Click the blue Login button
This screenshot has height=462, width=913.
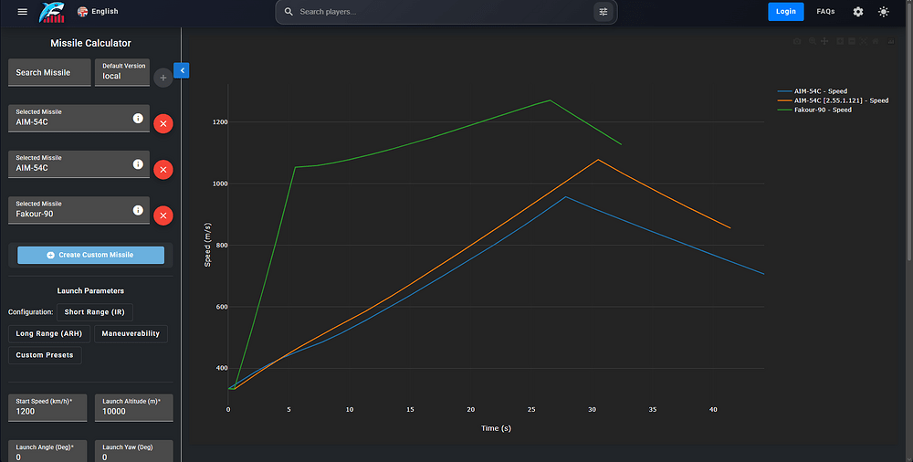[x=785, y=12]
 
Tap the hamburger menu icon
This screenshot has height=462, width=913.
[x=22, y=12]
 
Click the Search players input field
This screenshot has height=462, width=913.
[x=443, y=12]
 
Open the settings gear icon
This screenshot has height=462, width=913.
[x=857, y=12]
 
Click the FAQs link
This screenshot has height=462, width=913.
[x=825, y=12]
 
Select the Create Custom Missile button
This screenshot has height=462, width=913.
[x=90, y=255]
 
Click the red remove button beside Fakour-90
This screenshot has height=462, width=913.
[x=163, y=215]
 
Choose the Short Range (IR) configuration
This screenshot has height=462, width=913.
[x=94, y=312]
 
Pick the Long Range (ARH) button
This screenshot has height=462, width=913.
[x=49, y=334]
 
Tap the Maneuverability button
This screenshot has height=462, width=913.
[x=131, y=334]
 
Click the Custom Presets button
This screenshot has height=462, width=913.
[x=45, y=355]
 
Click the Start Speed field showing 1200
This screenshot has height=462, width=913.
[x=47, y=407]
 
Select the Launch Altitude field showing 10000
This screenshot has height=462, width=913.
[x=134, y=407]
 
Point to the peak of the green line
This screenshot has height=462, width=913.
[x=550, y=100]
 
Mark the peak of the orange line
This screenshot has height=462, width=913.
[x=598, y=160]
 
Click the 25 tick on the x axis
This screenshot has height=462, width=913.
[x=531, y=410]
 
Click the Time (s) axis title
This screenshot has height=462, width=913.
[x=496, y=428]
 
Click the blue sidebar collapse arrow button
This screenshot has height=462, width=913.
[x=182, y=70]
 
